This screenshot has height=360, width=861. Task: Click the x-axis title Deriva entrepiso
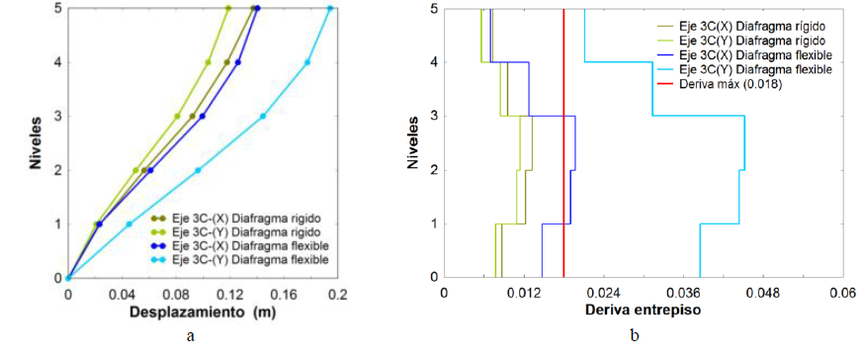[x=642, y=311]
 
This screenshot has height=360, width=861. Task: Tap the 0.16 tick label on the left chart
[x=283, y=295]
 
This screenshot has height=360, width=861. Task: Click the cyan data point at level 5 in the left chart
[x=330, y=9]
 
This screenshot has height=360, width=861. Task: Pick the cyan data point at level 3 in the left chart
[x=263, y=117]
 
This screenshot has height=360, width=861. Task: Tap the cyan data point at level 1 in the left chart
[x=129, y=225]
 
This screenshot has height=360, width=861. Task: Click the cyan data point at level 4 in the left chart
[x=307, y=62]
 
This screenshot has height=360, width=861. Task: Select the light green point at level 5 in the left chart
[x=228, y=9]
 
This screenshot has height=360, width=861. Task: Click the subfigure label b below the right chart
[x=634, y=337]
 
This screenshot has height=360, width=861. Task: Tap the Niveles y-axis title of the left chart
[x=35, y=144]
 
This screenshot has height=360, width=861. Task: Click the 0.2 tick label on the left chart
[x=336, y=295]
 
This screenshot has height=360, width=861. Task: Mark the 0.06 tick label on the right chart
[x=841, y=294]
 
